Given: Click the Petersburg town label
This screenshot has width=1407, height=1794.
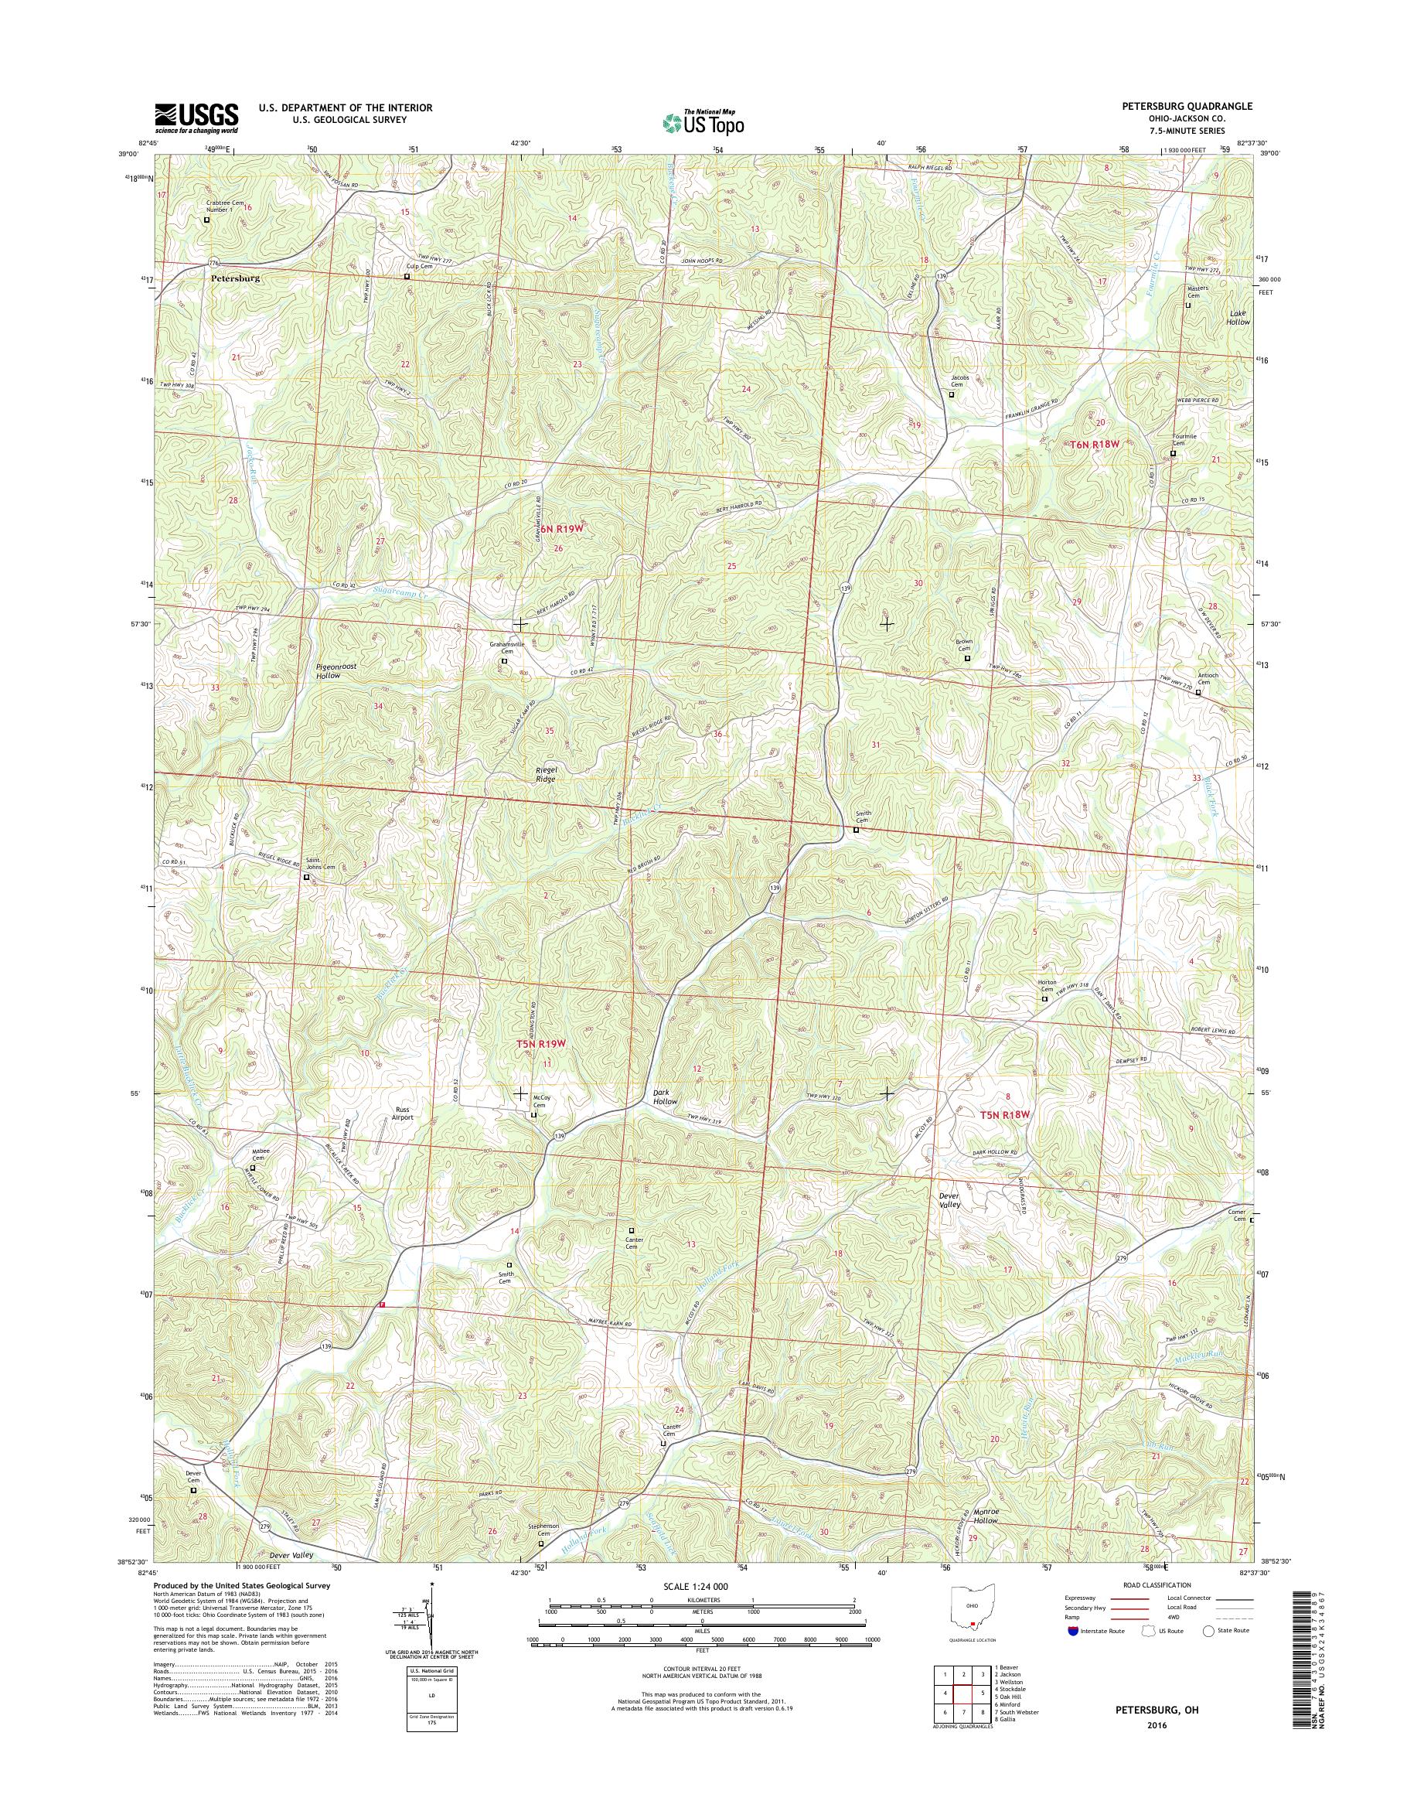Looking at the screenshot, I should tap(235, 278).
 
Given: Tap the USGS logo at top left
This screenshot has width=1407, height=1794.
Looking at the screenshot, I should tap(197, 118).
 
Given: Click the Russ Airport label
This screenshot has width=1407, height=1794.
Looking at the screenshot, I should tap(402, 1114).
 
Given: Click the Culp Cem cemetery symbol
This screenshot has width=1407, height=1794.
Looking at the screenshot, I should tap(406, 277).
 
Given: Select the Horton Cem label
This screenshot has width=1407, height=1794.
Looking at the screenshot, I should tap(1045, 987).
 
